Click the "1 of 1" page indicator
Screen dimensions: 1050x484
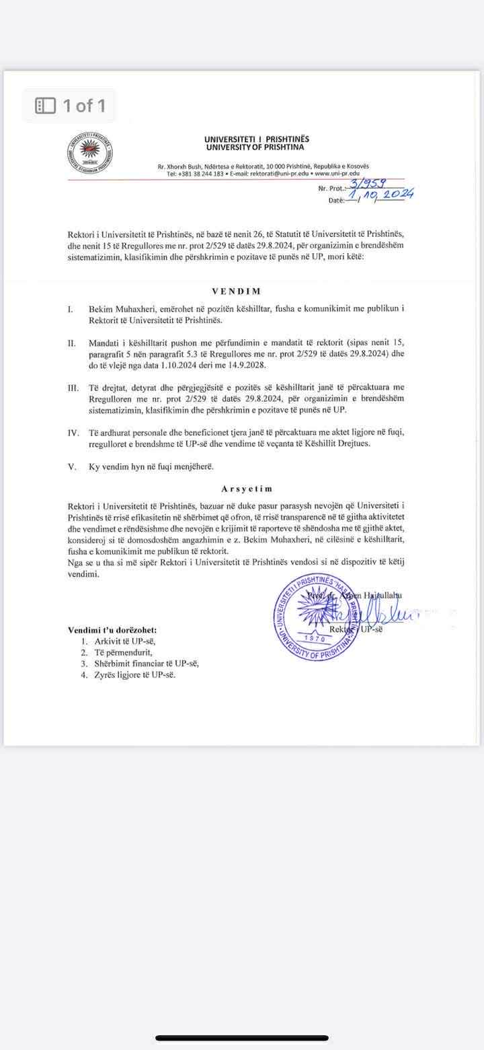pos(70,106)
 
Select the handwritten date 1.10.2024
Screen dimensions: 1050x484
pos(381,196)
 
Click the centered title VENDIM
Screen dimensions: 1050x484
pos(237,291)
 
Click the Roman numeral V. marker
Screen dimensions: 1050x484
pos(72,466)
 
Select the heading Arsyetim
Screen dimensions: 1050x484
pos(247,489)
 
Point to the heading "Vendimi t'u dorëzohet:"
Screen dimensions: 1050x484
pos(112,630)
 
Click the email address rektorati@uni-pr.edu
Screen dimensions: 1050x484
pos(280,174)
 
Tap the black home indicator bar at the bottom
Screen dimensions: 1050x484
pos(242,1038)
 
